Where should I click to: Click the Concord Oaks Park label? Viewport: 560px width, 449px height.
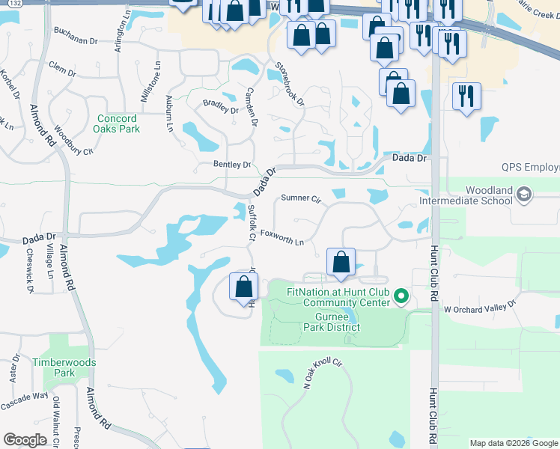pyautogui.click(x=117, y=123)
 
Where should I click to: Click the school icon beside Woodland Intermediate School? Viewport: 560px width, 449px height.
pyautogui.click(x=524, y=195)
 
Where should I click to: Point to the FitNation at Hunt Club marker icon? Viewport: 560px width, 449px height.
pyautogui.click(x=401, y=296)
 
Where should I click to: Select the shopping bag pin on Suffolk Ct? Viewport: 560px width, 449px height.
pyautogui.click(x=244, y=287)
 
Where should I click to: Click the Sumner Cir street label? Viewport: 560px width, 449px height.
pyautogui.click(x=301, y=199)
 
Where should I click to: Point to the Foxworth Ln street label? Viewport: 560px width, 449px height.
pyautogui.click(x=282, y=237)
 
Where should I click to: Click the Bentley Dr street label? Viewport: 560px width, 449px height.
pyautogui.click(x=231, y=164)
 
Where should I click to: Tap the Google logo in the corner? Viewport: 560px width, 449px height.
pyautogui.click(x=25, y=440)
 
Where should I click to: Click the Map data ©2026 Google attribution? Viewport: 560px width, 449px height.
pyautogui.click(x=513, y=443)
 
